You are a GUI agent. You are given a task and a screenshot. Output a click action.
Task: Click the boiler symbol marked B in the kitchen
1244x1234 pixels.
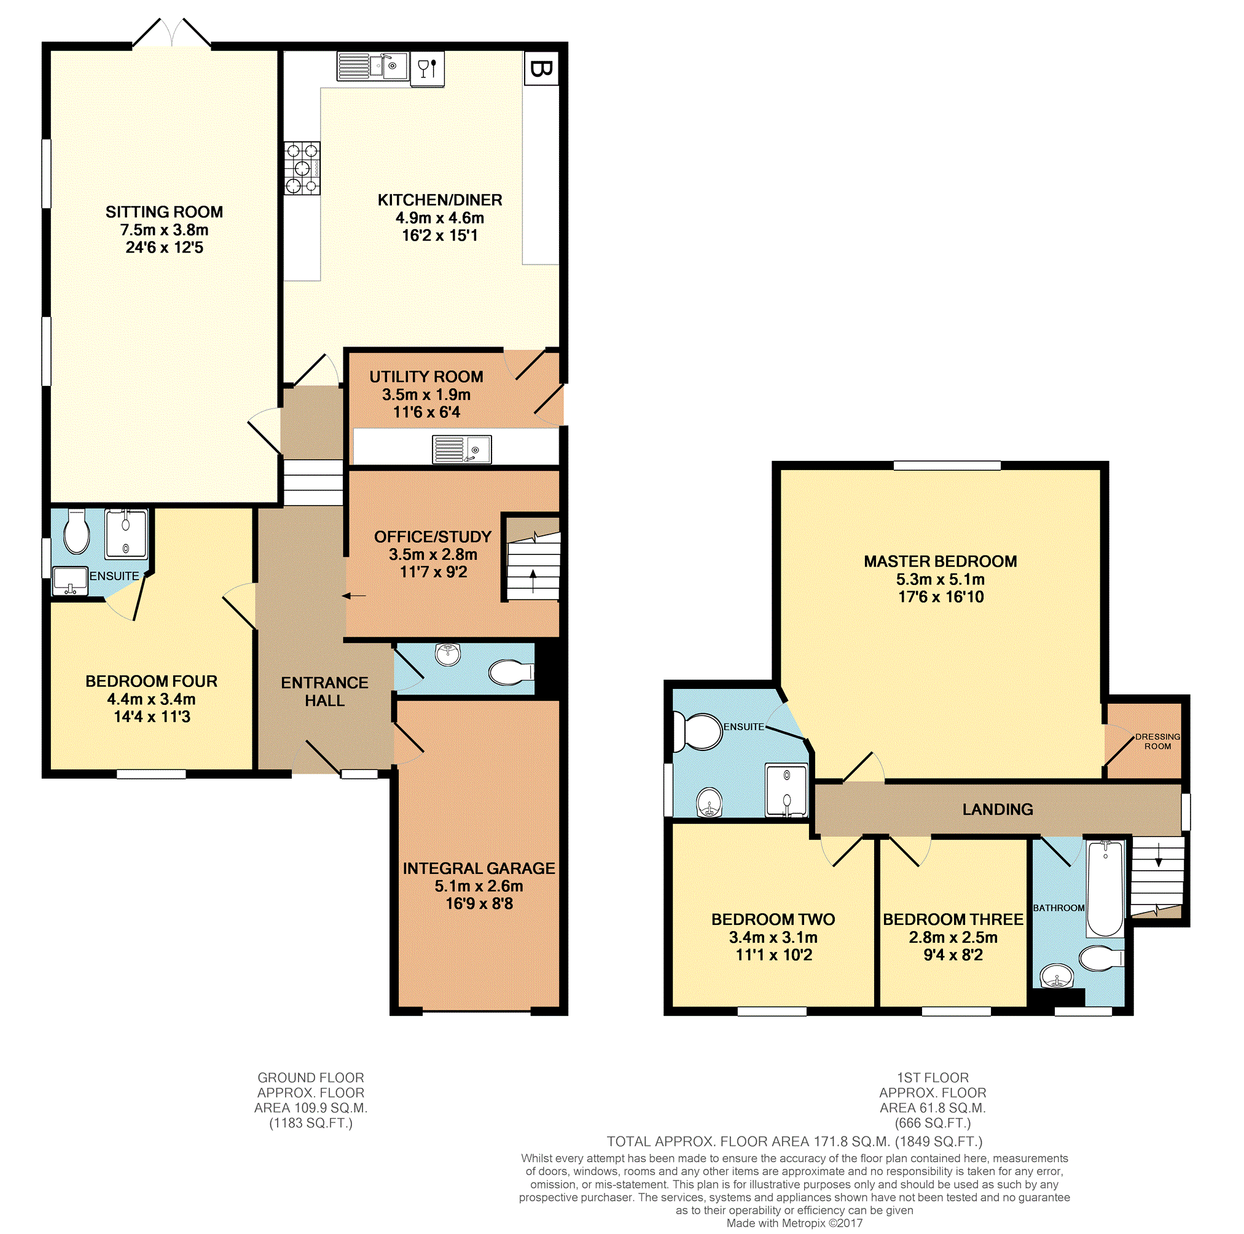pos(541,68)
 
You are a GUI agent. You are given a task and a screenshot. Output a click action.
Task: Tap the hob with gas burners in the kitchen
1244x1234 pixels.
pos(302,168)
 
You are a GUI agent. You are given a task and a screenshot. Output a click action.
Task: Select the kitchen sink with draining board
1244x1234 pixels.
pos(373,66)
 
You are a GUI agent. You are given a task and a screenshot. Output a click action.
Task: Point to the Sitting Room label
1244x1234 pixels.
pos(164,212)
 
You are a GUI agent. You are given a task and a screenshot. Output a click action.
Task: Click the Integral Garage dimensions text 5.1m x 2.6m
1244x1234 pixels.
pos(479,886)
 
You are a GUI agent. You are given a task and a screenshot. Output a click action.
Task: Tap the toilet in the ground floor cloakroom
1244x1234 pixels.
pos(511,672)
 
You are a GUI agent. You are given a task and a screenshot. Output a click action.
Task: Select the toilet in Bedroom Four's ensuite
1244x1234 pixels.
pos(77,532)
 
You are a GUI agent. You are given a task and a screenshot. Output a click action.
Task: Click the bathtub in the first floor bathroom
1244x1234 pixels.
pos(1105,888)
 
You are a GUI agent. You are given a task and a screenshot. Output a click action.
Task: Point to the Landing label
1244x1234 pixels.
pos(998,809)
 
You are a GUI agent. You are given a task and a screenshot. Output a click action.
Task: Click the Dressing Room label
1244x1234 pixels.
pos(1157,741)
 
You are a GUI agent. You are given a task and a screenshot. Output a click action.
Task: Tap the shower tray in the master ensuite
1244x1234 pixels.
pos(786,790)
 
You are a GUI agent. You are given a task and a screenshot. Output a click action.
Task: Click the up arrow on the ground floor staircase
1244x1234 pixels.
pos(533,581)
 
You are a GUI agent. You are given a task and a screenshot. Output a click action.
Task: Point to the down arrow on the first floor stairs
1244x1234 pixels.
pos(1159,855)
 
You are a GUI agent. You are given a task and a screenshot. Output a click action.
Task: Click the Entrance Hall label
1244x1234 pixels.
pos(324,691)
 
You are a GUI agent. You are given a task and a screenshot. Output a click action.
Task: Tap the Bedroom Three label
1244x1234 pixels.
pos(953,919)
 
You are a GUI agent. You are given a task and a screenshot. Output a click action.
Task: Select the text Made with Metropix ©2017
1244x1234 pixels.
pos(794,1223)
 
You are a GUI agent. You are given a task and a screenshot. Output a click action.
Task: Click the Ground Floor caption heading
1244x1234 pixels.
pos(311,1077)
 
